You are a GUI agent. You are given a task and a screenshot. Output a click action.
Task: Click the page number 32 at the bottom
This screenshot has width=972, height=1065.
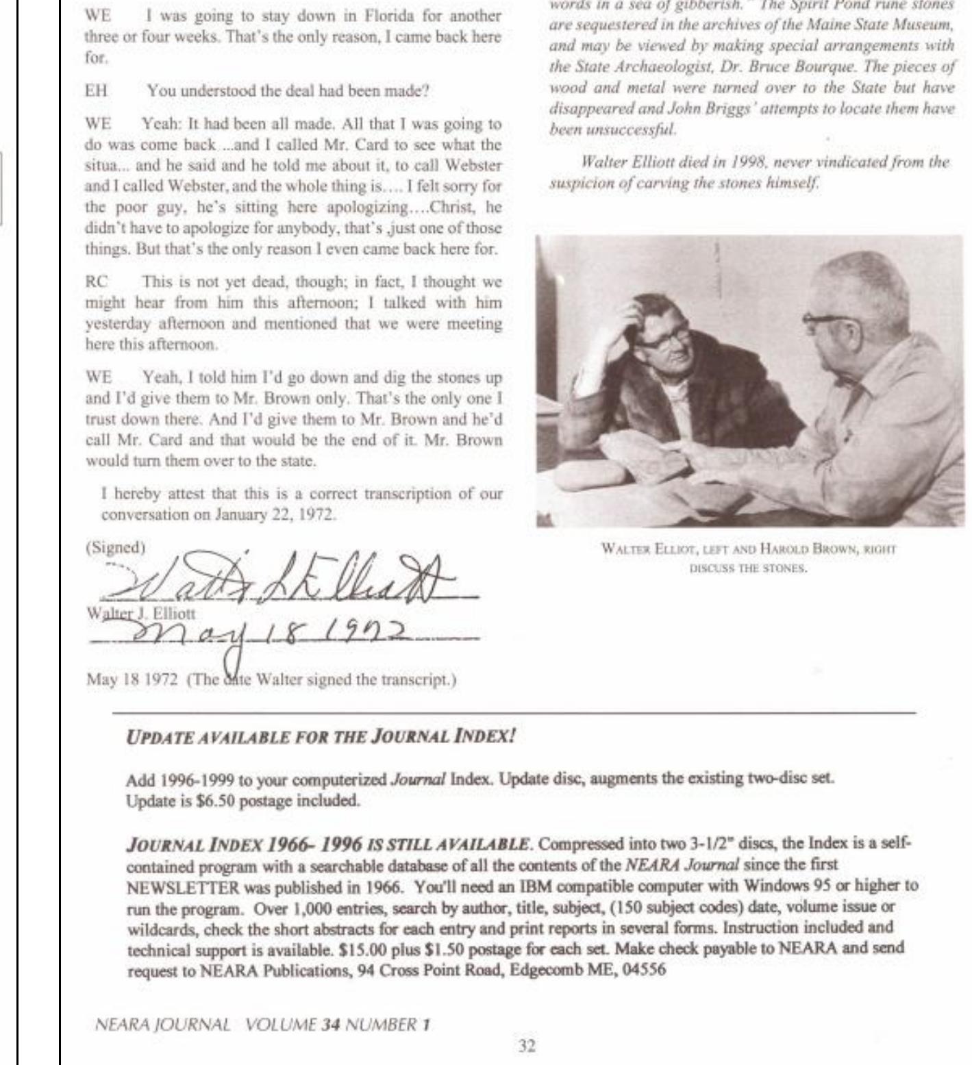pyautogui.click(x=526, y=1046)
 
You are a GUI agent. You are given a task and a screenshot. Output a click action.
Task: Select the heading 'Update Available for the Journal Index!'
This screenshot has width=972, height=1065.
pyautogui.click(x=321, y=737)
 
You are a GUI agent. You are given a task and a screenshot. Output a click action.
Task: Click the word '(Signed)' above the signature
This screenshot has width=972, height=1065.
pyautogui.click(x=115, y=547)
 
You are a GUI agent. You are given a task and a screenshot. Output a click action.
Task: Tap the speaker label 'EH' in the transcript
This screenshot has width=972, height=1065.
pyautogui.click(x=96, y=90)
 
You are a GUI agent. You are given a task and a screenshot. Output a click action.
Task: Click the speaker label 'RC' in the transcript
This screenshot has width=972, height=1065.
pyautogui.click(x=97, y=281)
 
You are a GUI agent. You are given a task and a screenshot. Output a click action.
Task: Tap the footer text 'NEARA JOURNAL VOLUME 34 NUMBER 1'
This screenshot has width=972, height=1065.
pyautogui.click(x=263, y=1025)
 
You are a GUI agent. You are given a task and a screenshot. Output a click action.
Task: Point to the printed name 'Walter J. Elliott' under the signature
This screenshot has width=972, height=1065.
pyautogui.click(x=140, y=614)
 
